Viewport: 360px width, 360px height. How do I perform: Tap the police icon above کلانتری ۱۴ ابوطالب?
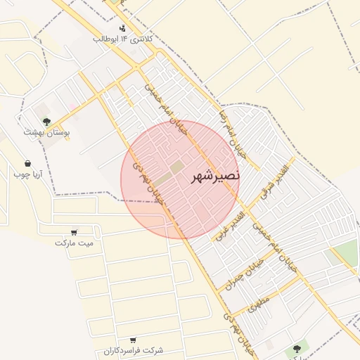coord(123,29)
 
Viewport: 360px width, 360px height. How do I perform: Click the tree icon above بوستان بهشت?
coord(47,122)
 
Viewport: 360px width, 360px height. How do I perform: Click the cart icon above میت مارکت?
coord(75,232)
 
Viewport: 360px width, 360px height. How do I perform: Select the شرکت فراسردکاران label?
coord(133,350)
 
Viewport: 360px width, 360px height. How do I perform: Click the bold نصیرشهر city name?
coord(215,176)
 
